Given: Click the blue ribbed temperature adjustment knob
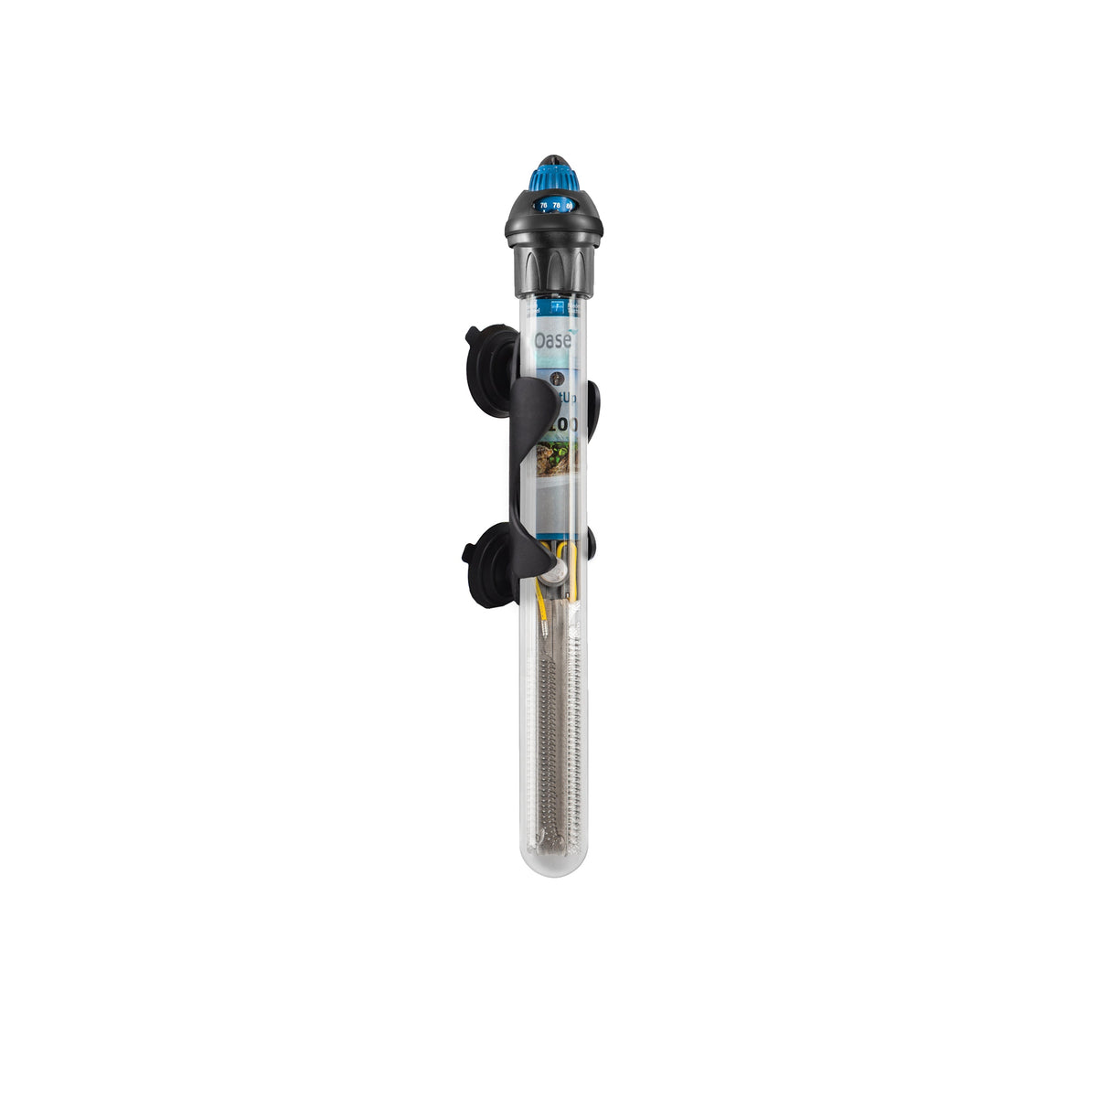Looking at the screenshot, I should (x=555, y=178).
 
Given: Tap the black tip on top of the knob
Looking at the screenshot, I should (x=555, y=157).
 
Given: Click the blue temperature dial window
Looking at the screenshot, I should (x=555, y=206).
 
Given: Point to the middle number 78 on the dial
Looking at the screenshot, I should (x=556, y=206).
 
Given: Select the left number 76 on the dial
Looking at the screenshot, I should (x=543, y=206).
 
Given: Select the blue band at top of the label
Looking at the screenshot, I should (x=555, y=309).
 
